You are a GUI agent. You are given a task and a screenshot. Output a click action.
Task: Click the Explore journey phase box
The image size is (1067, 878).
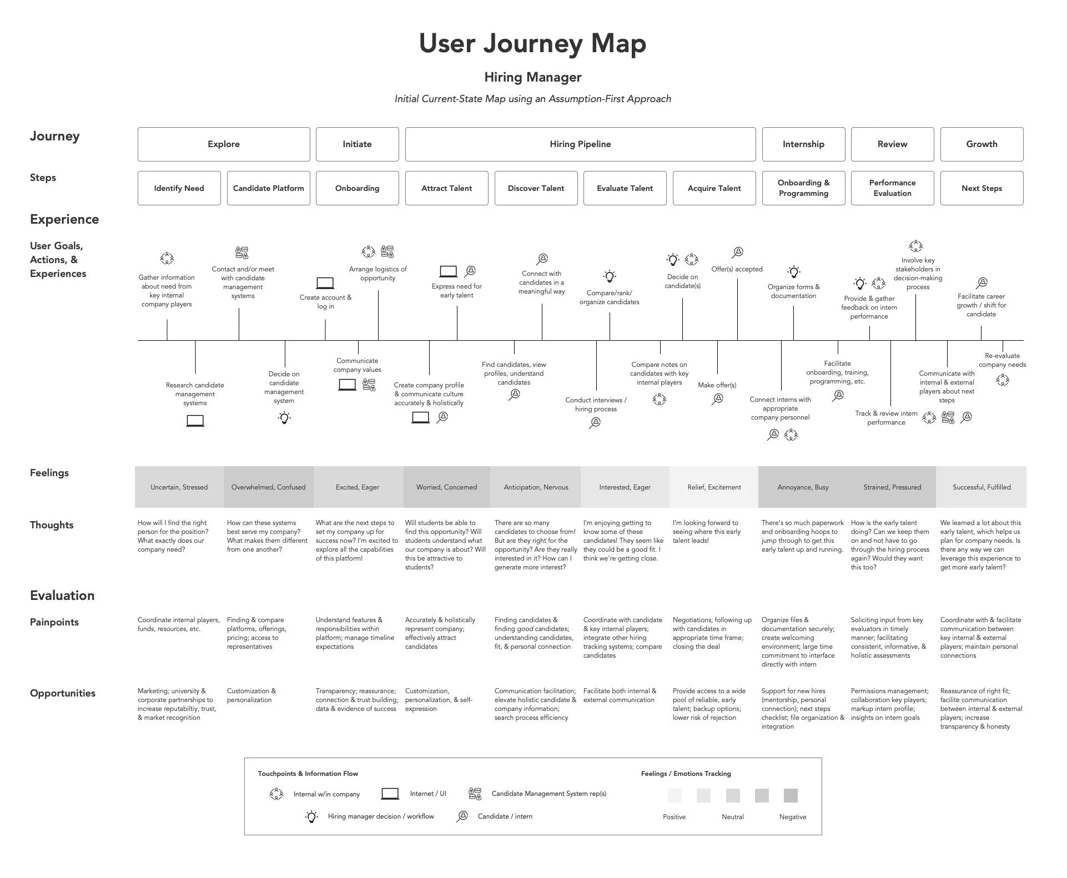(224, 144)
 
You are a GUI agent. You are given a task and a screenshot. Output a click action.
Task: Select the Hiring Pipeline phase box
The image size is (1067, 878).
(580, 144)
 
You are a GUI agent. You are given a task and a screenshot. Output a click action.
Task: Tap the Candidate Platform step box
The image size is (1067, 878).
(268, 188)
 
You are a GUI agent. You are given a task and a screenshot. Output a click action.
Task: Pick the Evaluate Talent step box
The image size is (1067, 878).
(625, 188)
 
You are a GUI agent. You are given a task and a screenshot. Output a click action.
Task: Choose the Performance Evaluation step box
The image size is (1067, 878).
(892, 188)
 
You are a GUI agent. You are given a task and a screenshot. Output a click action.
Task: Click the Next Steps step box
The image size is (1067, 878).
(982, 188)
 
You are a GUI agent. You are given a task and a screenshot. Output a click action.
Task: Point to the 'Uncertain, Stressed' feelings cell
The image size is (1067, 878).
(179, 487)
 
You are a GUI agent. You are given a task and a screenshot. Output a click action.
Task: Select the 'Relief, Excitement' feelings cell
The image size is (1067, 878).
(714, 487)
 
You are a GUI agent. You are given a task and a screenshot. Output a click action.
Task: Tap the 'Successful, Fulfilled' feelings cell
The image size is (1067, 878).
(982, 487)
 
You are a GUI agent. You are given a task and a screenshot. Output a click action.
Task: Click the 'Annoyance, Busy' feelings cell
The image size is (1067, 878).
(803, 487)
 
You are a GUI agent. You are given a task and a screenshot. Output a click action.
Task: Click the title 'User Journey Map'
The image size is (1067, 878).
(532, 43)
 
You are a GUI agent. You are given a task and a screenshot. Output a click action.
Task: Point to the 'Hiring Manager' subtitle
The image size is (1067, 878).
(532, 77)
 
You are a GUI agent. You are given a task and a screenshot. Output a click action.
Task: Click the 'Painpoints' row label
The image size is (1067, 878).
(54, 622)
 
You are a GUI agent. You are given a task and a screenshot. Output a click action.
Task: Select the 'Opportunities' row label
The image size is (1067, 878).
(63, 693)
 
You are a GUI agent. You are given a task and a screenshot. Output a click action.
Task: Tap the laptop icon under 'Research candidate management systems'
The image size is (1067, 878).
(195, 421)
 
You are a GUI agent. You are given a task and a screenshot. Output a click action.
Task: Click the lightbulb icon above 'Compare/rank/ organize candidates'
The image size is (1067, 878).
(610, 276)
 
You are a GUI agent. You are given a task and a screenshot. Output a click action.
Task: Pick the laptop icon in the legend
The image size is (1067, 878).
(390, 794)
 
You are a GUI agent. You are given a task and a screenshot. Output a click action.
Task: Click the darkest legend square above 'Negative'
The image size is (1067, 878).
(791, 795)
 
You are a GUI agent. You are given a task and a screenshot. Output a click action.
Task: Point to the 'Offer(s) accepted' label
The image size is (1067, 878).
(737, 269)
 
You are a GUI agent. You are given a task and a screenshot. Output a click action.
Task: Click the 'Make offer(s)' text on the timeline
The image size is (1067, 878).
(717, 385)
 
